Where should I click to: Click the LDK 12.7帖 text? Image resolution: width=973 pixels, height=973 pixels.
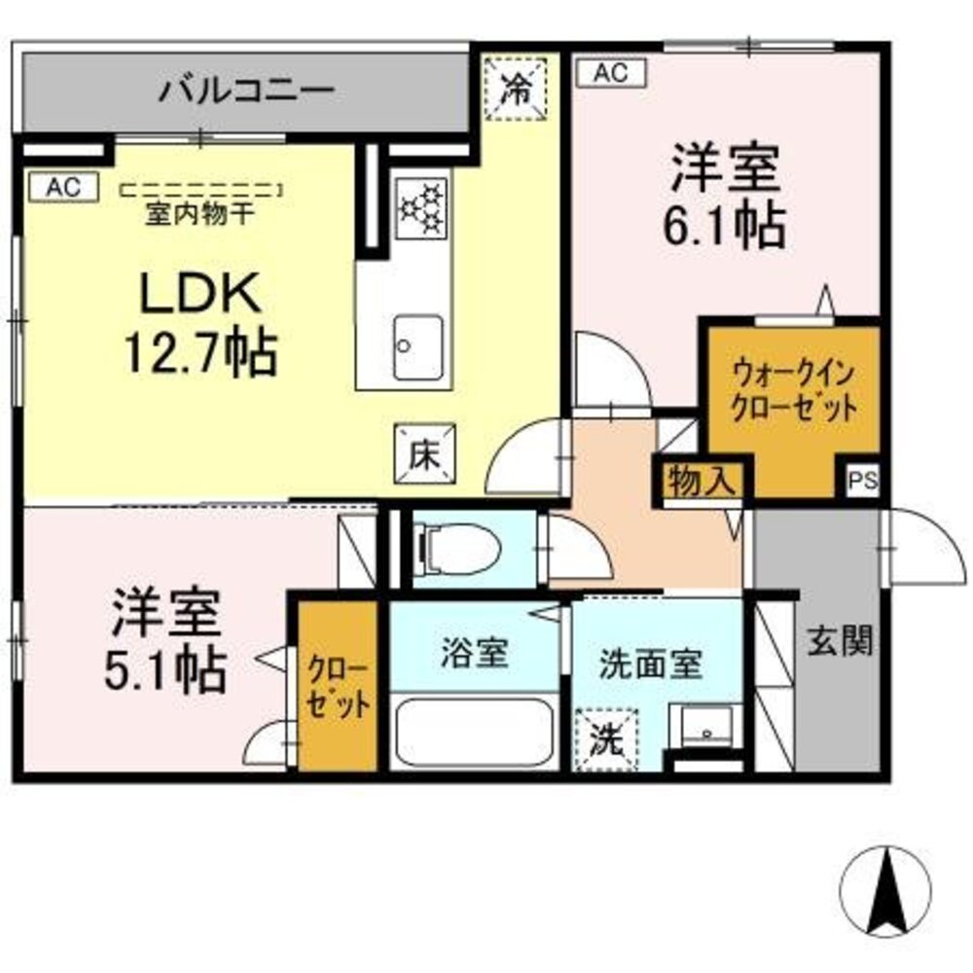click(x=199, y=322)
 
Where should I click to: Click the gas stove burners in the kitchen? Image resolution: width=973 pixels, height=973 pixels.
click(x=422, y=207)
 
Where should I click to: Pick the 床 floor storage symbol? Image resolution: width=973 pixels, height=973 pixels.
click(x=421, y=454)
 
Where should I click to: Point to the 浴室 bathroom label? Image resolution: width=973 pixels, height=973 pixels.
click(x=474, y=653)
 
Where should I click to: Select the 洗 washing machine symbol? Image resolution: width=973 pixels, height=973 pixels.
click(x=606, y=740)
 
